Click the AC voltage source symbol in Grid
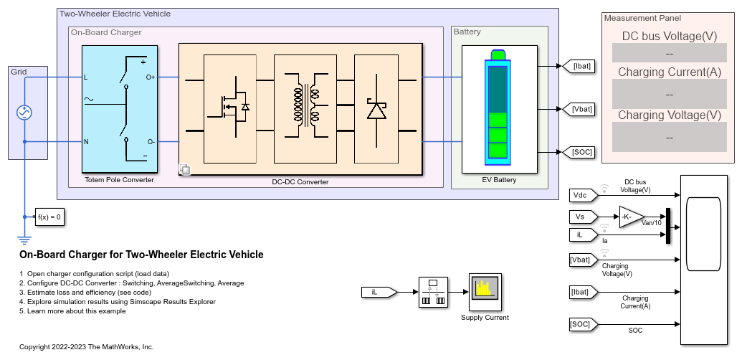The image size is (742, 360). coord(24,113)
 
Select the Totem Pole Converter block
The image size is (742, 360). coord(120,109)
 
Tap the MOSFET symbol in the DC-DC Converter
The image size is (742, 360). coord(230,109)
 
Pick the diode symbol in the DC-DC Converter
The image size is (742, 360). coord(376,109)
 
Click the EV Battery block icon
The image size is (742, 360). coord(500,109)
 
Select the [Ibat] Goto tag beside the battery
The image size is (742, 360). coord(578,66)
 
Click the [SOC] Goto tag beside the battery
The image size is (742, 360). coord(578,152)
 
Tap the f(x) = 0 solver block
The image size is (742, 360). coord(49,217)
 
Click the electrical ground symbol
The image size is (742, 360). coord(24,240)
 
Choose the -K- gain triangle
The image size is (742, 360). coord(632,217)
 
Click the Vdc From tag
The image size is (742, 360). coord(584,195)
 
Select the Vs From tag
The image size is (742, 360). coord(584,217)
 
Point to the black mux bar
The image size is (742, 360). coord(668,226)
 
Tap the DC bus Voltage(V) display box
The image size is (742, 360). coord(669,53)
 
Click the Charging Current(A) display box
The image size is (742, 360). coord(669,94)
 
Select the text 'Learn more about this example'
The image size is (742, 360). coord(77,311)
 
